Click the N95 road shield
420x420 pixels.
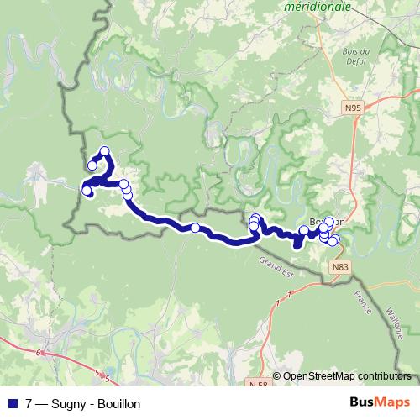coord(354,108)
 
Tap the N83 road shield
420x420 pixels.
coord(339,267)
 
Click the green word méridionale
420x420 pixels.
coord(318,6)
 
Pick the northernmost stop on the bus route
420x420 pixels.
coord(105,152)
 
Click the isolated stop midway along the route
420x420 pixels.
coord(195,228)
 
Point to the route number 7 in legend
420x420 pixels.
coord(29,404)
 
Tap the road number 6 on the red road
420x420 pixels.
coord(39,354)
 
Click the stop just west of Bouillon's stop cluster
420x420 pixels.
coord(304,231)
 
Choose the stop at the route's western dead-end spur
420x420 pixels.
coord(92,165)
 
